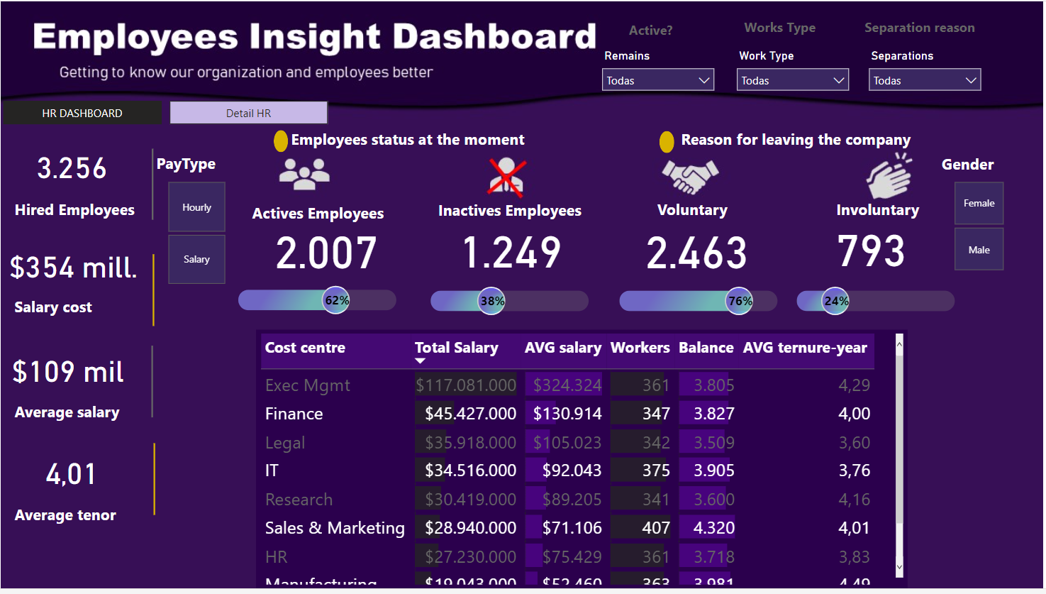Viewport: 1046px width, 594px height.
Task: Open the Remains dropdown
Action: point(657,80)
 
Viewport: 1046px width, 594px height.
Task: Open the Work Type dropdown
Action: point(792,80)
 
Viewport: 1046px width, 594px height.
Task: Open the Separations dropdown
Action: point(924,80)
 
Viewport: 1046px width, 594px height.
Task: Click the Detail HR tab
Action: point(248,113)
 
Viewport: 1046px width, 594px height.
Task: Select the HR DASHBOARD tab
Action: point(82,113)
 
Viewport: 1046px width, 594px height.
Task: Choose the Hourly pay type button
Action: point(196,207)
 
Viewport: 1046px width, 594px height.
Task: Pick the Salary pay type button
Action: point(196,259)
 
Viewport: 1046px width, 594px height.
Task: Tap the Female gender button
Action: point(979,203)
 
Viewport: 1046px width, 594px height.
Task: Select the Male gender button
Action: point(979,250)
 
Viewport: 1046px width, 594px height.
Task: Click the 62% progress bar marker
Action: point(336,300)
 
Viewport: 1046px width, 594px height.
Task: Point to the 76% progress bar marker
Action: point(740,301)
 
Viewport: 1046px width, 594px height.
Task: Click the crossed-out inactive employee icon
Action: point(506,177)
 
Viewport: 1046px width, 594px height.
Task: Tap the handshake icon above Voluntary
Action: point(689,176)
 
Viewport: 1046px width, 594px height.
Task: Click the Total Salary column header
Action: point(456,348)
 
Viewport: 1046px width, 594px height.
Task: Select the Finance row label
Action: point(294,414)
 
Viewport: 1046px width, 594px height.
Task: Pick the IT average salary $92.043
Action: point(572,471)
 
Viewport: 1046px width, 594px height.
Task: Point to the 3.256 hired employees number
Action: point(72,169)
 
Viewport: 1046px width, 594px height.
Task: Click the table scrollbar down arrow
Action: point(899,566)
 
